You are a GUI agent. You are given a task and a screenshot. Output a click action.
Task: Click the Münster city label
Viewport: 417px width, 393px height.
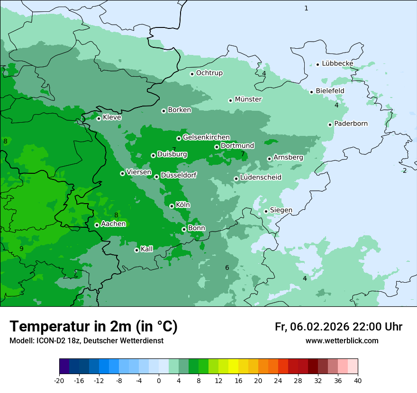click(248, 99)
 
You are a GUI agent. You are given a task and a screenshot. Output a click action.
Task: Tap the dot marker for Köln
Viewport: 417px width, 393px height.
click(172, 206)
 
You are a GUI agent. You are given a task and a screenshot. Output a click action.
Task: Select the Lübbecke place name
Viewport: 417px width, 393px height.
click(337, 63)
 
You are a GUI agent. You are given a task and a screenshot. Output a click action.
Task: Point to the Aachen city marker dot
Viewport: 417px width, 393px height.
click(97, 225)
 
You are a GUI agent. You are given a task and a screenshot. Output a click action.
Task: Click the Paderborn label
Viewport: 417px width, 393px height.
click(351, 124)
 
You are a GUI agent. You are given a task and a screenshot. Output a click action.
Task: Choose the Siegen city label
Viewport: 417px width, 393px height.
click(281, 210)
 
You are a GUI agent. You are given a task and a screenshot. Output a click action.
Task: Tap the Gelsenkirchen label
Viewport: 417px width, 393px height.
click(206, 137)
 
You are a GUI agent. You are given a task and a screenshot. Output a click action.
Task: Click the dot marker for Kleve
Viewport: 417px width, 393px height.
click(99, 118)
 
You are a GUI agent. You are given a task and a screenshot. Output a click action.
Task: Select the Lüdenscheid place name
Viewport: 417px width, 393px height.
click(261, 178)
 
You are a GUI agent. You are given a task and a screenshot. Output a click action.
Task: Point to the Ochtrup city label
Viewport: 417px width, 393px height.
click(209, 73)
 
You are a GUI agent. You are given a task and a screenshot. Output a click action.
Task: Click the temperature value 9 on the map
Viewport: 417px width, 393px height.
click(21, 249)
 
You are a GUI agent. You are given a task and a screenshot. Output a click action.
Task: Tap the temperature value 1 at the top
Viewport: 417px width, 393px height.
click(306, 8)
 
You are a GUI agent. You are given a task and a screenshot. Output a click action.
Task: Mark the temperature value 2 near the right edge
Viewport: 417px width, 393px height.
click(405, 170)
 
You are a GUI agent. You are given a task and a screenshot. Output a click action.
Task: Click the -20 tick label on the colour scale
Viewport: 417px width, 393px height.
click(59, 380)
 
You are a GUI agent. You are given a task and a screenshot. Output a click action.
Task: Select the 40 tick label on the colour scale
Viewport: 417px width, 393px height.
click(358, 380)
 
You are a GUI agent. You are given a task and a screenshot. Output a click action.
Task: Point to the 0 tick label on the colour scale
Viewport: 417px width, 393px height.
click(159, 380)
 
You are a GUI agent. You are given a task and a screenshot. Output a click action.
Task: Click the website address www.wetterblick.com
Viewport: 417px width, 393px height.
click(342, 341)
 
